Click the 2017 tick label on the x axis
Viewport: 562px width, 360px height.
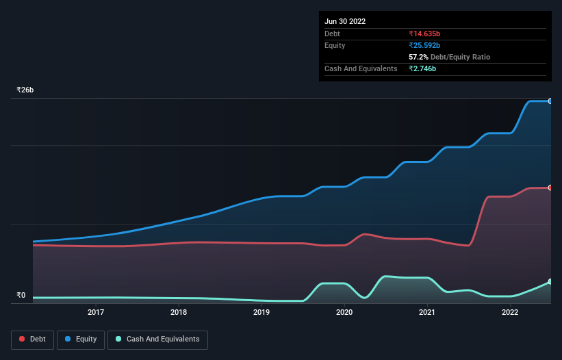point(96,313)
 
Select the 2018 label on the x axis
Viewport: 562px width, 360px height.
point(179,313)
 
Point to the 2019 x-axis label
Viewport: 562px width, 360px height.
point(261,313)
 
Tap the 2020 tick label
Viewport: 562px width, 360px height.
point(344,313)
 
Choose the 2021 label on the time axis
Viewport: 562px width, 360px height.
point(427,313)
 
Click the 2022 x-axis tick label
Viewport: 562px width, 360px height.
point(510,313)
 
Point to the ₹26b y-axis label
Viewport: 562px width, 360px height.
point(25,90)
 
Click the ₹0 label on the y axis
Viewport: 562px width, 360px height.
point(21,296)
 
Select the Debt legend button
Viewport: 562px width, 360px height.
point(32,339)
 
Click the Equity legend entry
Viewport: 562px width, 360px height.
point(81,339)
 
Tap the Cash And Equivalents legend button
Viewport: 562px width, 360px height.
point(157,339)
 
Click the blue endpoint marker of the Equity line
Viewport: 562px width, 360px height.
point(550,101)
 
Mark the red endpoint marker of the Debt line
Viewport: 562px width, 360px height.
point(550,188)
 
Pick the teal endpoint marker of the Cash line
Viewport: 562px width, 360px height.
point(550,281)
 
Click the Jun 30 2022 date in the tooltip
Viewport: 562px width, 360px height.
point(345,21)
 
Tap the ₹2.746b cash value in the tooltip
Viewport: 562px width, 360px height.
point(422,68)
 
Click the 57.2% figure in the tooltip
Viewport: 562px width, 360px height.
point(419,57)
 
